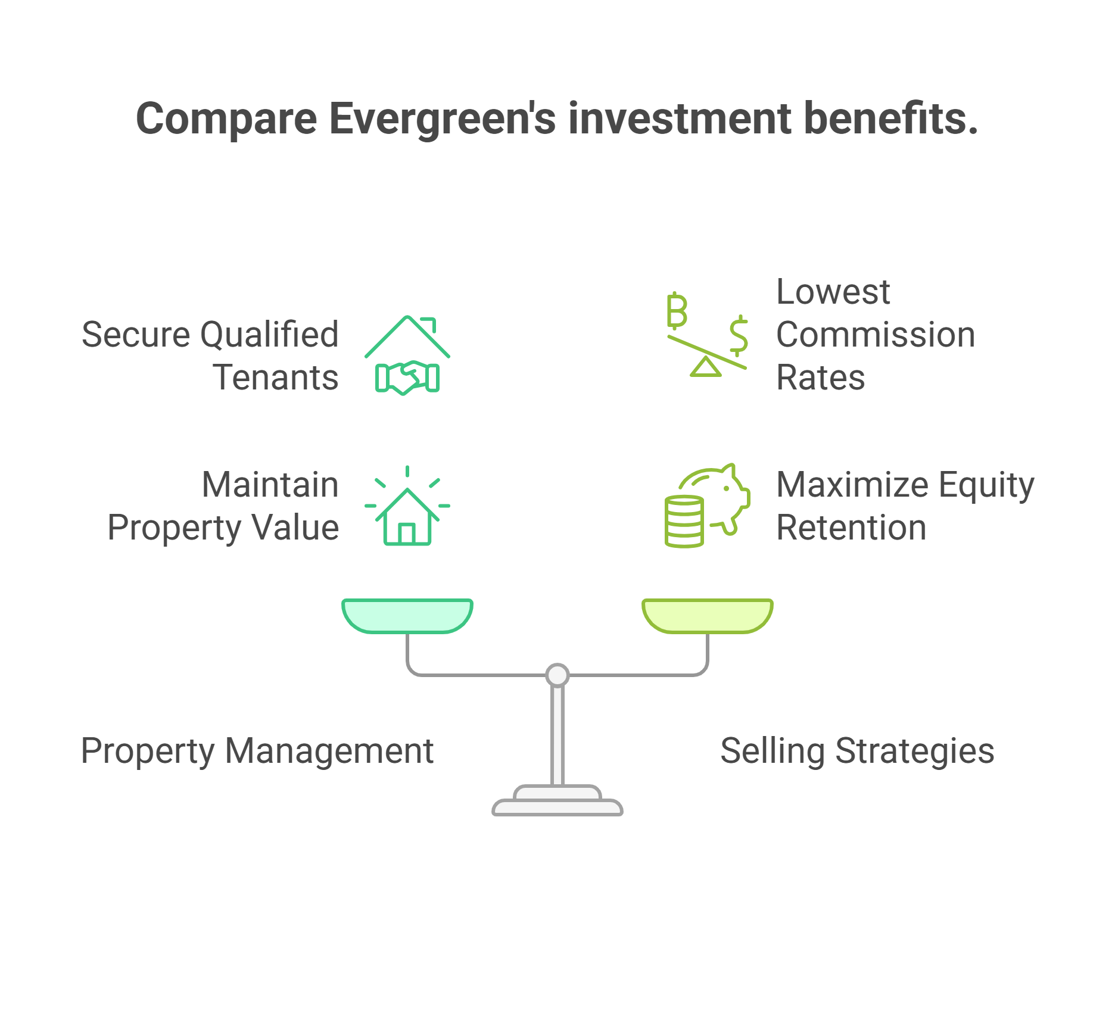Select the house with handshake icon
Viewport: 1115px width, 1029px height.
pyautogui.click(x=407, y=355)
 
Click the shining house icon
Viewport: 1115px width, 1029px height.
pyautogui.click(x=407, y=506)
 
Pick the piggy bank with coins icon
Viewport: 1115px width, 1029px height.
pyautogui.click(x=708, y=506)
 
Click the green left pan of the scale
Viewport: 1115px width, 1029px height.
pyautogui.click(x=407, y=616)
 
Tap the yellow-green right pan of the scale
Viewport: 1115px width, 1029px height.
pyautogui.click(x=708, y=616)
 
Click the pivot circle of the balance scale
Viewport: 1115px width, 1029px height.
pyautogui.click(x=557, y=675)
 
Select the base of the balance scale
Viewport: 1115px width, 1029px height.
pyautogui.click(x=557, y=801)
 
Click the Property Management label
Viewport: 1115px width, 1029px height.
pyautogui.click(x=257, y=751)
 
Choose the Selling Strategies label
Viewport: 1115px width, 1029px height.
pyautogui.click(x=857, y=751)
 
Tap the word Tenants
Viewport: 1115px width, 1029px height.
pyautogui.click(x=276, y=378)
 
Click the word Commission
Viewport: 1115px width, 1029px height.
pyautogui.click(x=876, y=335)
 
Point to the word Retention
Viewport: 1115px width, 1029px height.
pyautogui.click(x=851, y=528)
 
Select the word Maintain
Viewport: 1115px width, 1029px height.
pyautogui.click(x=270, y=485)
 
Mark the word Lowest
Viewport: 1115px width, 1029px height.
pyautogui.click(x=833, y=292)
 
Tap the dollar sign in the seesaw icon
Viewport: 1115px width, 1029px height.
pyautogui.click(x=739, y=335)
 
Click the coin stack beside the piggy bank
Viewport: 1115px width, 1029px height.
pyautogui.click(x=684, y=521)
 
